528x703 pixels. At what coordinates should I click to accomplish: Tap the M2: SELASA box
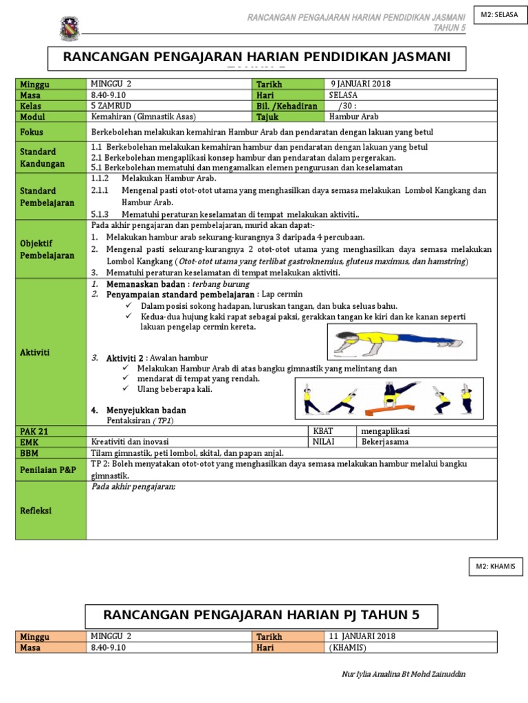[498, 14]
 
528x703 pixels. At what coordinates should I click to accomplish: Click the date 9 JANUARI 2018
[361, 84]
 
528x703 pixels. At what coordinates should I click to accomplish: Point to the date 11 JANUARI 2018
[362, 636]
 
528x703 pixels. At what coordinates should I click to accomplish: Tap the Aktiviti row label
[36, 351]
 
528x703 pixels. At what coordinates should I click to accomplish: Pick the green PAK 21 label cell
[34, 431]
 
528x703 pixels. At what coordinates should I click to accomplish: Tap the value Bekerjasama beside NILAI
[387, 442]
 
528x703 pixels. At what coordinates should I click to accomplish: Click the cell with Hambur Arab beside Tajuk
[351, 117]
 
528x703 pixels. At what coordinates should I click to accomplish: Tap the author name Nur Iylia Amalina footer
[404, 674]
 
